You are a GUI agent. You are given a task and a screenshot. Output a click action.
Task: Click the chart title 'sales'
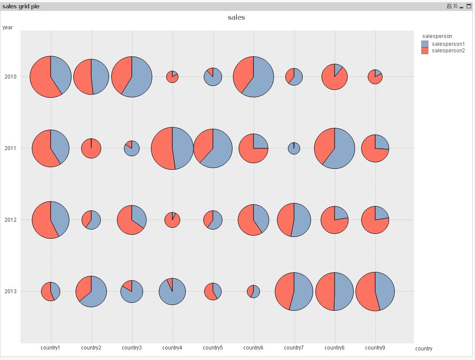236,17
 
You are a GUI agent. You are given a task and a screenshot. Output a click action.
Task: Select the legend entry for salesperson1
448,44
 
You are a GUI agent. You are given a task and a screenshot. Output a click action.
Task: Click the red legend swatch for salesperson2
425,51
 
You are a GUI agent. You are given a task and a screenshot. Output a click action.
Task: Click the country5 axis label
213,348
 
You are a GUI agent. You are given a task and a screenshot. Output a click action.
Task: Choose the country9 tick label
375,348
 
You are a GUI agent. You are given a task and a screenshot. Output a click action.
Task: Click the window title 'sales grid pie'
21,6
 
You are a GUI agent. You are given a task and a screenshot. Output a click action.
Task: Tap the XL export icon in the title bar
455,6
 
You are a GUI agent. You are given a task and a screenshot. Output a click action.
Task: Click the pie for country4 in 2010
172,77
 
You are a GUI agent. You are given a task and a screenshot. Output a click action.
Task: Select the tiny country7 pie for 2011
294,148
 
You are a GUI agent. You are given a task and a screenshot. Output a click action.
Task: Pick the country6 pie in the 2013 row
253,291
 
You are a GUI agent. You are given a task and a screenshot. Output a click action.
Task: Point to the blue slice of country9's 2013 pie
385,291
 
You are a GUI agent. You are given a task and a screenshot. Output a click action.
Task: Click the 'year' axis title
7,27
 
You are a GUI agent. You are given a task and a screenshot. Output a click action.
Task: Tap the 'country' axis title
424,349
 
